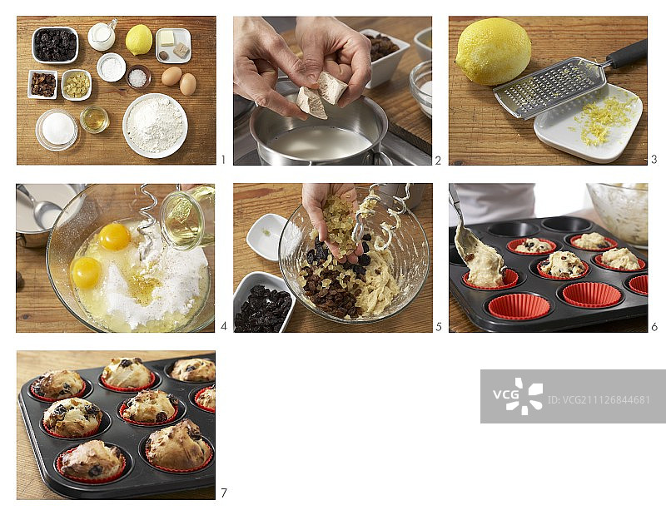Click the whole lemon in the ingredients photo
(139, 39)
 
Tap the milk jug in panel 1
(102, 36)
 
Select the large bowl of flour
(155, 126)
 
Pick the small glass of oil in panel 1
(94, 119)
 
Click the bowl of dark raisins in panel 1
(55, 45)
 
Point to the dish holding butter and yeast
(173, 45)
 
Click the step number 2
(438, 160)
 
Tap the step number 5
(439, 326)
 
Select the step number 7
(224, 493)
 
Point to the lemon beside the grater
(493, 51)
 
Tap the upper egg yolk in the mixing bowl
(115, 236)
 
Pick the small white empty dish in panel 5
(266, 237)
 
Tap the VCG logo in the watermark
(518, 396)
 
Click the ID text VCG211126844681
(599, 399)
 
